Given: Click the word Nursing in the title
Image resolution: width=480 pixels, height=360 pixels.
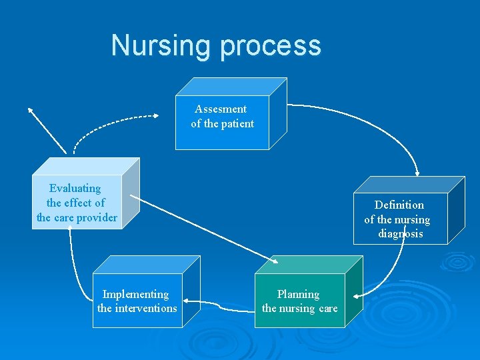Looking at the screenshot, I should [x=162, y=46].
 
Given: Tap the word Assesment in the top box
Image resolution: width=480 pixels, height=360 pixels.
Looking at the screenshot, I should [x=221, y=109].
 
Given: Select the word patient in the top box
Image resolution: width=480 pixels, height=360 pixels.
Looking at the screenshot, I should [x=237, y=123].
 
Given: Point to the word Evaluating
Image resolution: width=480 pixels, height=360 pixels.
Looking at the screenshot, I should [x=75, y=188].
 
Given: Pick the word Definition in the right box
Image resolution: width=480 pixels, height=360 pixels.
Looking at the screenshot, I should [x=399, y=205].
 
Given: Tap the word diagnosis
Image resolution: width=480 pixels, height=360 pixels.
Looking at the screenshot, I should [x=400, y=234].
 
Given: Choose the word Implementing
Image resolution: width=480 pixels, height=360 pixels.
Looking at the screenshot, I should [x=135, y=294].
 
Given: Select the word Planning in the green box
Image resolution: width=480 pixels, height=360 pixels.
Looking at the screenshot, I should [x=298, y=294].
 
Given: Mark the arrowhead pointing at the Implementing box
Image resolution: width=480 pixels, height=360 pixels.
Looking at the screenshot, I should [x=186, y=301].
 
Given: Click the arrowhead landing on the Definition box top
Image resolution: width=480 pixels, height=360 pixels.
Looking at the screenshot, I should [x=417, y=172].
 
